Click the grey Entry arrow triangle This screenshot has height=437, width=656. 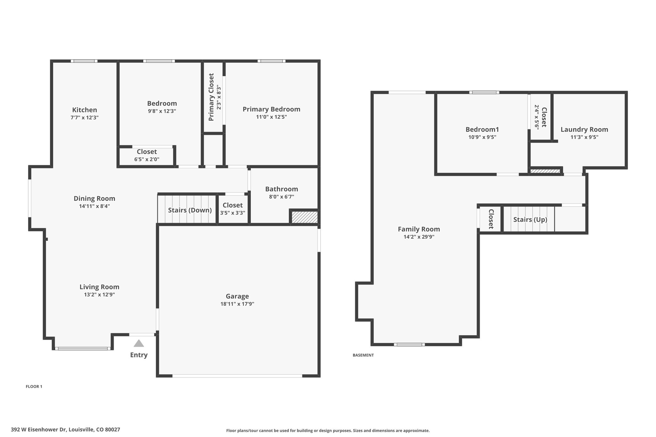click(x=139, y=344)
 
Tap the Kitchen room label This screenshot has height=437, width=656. click(x=85, y=110)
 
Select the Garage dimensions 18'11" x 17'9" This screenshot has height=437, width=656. click(x=237, y=304)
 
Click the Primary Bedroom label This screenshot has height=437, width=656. click(x=271, y=109)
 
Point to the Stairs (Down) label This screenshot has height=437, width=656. click(x=190, y=210)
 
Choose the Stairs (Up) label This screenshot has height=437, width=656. click(x=530, y=220)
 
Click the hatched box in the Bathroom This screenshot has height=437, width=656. click(x=304, y=217)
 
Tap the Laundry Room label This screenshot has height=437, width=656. click(x=584, y=129)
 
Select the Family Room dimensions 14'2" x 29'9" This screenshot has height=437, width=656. click(x=419, y=237)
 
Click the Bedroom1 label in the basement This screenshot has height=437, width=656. click(x=482, y=129)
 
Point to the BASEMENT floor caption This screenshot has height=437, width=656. click(x=363, y=355)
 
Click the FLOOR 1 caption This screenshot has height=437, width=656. click(x=34, y=386)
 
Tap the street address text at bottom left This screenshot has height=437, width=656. click(x=65, y=430)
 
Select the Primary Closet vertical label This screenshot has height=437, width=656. click(x=211, y=97)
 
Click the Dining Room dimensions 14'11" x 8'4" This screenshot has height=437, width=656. click(x=94, y=206)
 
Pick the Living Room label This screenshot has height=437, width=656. click(x=99, y=287)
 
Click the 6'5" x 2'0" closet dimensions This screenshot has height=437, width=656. click(x=147, y=159)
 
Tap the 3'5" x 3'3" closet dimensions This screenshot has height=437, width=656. click(x=233, y=213)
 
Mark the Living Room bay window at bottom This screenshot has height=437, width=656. click(x=83, y=348)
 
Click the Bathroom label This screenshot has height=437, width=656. click(x=282, y=189)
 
